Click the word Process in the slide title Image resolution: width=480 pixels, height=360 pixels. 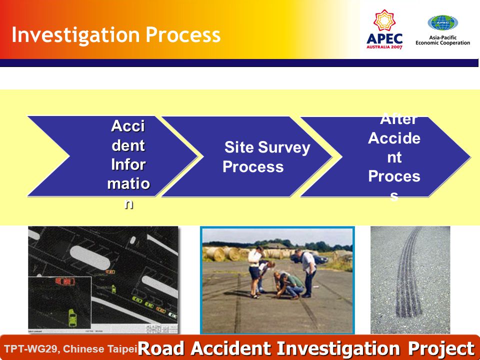(x=183, y=34)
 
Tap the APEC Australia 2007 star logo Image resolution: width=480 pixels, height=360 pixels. (x=384, y=29)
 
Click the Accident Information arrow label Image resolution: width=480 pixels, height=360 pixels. (x=128, y=164)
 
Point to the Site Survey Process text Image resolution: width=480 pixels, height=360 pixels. (x=266, y=156)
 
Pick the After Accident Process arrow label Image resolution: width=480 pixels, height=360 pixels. (x=394, y=157)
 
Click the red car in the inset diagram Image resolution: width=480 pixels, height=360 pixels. (x=65, y=281)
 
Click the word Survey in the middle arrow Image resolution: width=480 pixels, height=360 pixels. (x=284, y=148)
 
